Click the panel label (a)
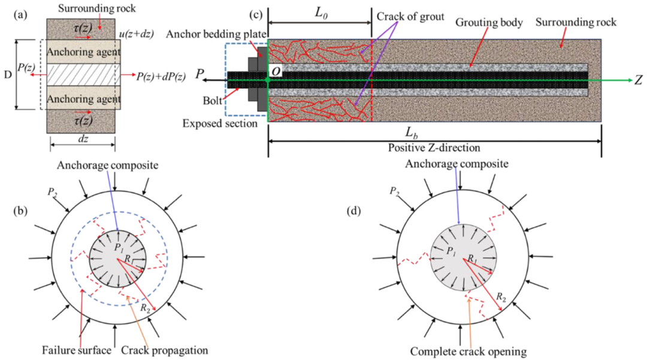click(20, 15)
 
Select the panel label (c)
click(256, 15)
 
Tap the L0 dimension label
click(321, 13)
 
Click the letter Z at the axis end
click(638, 80)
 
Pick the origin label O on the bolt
click(276, 71)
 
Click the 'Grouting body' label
click(489, 22)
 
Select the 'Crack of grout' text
click(410, 17)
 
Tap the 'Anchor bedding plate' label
click(216, 34)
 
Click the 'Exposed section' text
click(220, 123)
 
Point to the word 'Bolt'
click(213, 101)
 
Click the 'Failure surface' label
click(77, 350)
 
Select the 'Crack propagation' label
click(165, 350)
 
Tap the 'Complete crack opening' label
click(468, 352)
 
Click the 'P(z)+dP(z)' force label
click(161, 76)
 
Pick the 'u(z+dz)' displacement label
click(136, 34)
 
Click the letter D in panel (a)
click(7, 75)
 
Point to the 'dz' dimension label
click(83, 138)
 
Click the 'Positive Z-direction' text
click(434, 147)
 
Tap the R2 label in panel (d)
click(501, 297)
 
